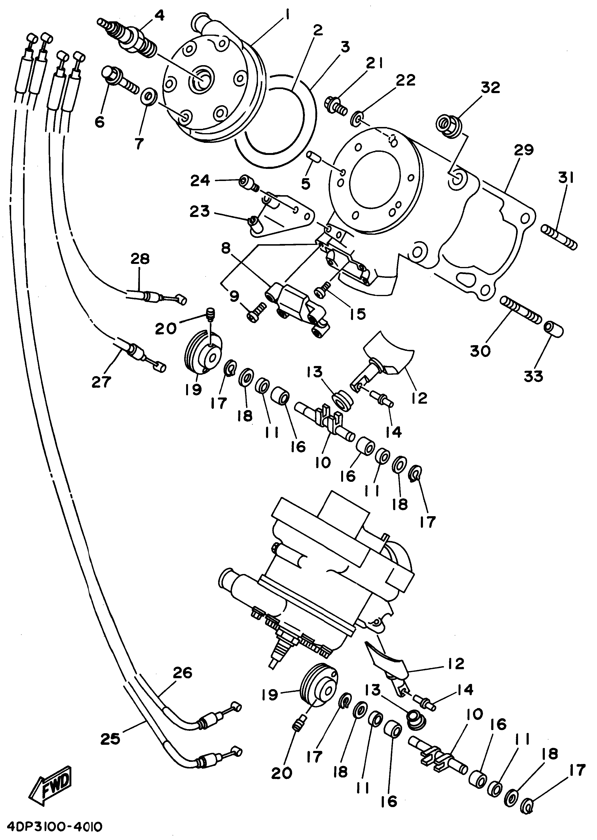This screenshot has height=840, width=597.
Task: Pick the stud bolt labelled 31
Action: tap(559, 238)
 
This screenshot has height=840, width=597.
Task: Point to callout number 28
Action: tap(140, 259)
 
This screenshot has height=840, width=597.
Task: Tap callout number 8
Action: tap(226, 249)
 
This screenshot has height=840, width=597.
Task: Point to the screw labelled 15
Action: tap(322, 292)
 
